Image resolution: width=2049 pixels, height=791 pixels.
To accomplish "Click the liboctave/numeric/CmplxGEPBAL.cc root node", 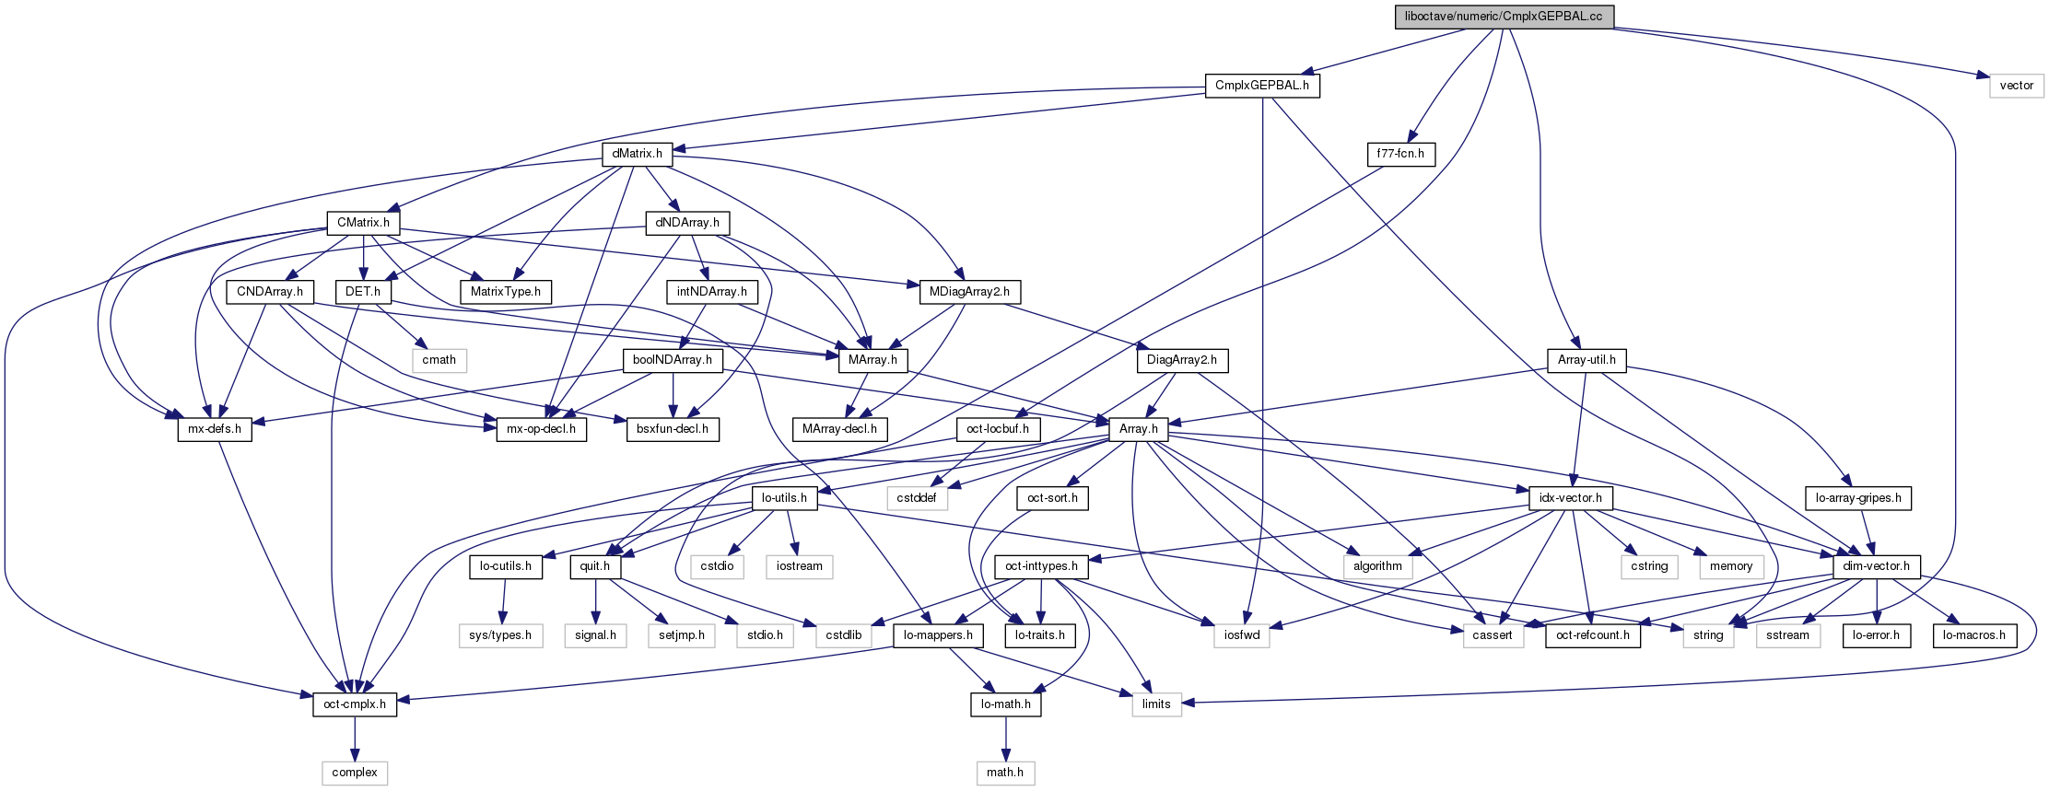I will click(x=1504, y=17).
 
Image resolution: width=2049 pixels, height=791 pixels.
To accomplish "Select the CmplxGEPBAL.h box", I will click(x=1261, y=86).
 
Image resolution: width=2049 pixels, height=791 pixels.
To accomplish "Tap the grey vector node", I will click(x=2016, y=86).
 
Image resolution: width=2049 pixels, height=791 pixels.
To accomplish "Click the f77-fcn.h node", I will click(x=1400, y=154).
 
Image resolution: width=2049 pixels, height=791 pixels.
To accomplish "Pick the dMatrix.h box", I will click(x=637, y=154).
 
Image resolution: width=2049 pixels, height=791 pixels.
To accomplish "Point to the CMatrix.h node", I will click(x=363, y=223).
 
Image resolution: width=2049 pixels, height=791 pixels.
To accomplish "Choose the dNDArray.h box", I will click(x=687, y=223).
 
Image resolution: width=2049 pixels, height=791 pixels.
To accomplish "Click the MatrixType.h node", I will click(x=506, y=292).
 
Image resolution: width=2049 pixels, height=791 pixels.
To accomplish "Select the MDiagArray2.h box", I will click(x=969, y=292).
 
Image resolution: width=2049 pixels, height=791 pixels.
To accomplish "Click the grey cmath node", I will click(x=439, y=360).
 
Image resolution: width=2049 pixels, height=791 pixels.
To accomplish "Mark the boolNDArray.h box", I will click(x=673, y=360).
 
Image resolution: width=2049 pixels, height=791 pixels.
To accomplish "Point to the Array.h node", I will click(x=1138, y=429).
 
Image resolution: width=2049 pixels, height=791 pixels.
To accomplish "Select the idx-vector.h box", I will click(x=1570, y=498).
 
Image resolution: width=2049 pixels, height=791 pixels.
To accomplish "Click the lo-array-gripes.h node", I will click(x=1857, y=498).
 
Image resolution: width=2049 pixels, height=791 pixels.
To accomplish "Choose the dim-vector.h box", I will click(x=1876, y=566).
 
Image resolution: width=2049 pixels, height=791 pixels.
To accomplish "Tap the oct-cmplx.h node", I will click(x=355, y=704).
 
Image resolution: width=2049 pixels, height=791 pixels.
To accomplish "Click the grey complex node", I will click(x=355, y=773).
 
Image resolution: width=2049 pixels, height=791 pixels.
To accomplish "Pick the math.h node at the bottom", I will click(x=1005, y=773).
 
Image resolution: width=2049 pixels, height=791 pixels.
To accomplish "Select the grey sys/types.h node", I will click(x=500, y=635).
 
